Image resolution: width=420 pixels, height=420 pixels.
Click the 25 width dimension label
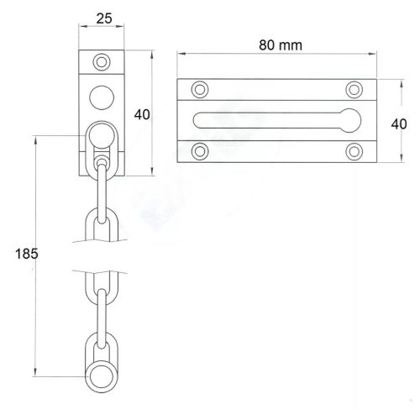coord(104,18)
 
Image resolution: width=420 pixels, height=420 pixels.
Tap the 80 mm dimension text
coord(281,45)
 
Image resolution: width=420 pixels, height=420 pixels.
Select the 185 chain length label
coord(27,254)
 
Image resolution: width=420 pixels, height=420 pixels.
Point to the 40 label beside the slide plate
coord(399,124)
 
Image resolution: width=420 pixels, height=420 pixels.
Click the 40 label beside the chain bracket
coord(142,114)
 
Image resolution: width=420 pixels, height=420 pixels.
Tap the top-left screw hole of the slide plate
coord(200,90)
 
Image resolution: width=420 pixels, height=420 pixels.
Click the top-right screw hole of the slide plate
coord(354,90)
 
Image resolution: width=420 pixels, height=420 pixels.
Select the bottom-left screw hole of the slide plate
coord(200,151)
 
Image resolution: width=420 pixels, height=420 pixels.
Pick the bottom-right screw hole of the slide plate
coord(354,151)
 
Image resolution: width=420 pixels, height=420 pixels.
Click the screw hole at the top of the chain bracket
coord(102,62)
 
